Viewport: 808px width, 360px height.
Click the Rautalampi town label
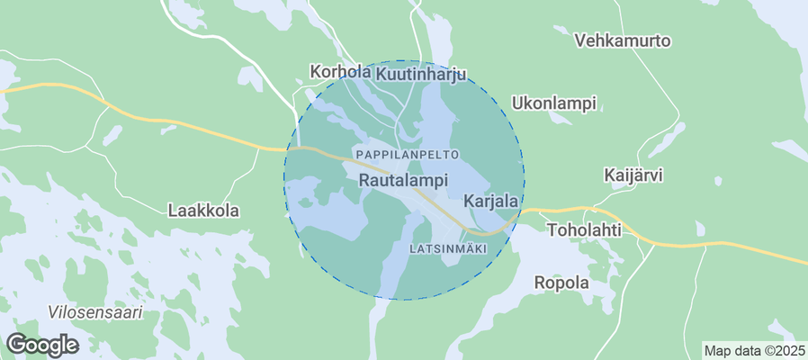403,181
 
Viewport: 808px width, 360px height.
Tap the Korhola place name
340,71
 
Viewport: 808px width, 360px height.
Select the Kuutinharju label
421,74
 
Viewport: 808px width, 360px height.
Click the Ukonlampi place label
553,103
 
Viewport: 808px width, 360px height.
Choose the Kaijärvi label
633,175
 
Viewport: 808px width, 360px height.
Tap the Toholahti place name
584,229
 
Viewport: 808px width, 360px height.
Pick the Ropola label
561,283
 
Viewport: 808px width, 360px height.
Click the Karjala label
490,199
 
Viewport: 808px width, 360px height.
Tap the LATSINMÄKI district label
447,247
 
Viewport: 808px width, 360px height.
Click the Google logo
41,344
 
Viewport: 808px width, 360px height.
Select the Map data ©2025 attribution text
754,350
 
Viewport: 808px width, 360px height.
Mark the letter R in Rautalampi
364,181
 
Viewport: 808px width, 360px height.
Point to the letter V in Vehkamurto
580,40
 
